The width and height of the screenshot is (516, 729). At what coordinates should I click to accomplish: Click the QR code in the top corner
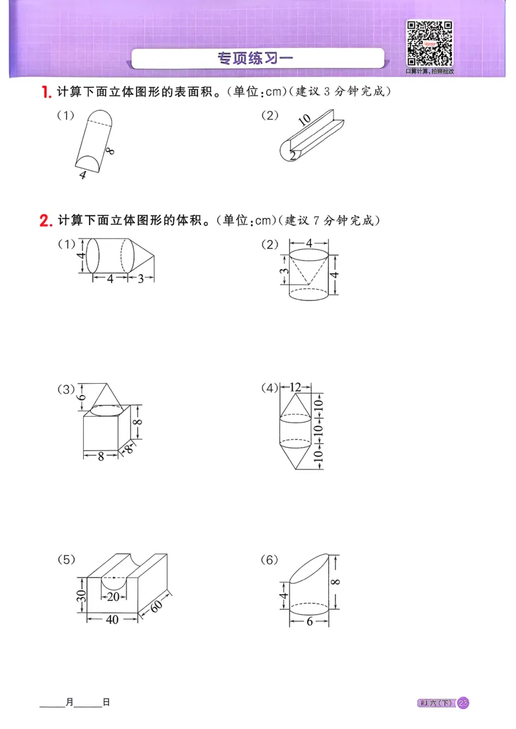pyautogui.click(x=428, y=44)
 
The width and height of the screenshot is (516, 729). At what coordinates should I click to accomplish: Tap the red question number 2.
pyautogui.click(x=45, y=221)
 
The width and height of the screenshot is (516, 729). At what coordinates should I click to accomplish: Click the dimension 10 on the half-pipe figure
pyautogui.click(x=305, y=119)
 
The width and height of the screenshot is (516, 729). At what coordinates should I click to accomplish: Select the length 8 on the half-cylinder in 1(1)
pyautogui.click(x=111, y=151)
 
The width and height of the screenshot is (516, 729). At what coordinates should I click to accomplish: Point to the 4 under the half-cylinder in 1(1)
pyautogui.click(x=82, y=175)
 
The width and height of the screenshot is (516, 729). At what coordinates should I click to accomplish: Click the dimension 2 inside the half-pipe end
pyautogui.click(x=292, y=155)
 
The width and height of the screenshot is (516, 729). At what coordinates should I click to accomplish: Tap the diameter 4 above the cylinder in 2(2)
pyautogui.click(x=309, y=243)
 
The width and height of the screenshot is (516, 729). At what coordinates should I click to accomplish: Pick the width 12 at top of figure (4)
pyautogui.click(x=296, y=388)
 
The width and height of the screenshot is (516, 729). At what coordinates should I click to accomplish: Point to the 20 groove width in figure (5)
pyautogui.click(x=113, y=597)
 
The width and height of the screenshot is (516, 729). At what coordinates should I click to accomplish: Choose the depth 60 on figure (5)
pyautogui.click(x=157, y=606)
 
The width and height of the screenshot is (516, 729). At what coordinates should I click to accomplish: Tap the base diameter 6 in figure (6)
pyautogui.click(x=309, y=621)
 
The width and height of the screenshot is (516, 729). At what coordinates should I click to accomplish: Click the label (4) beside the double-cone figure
pyautogui.click(x=269, y=388)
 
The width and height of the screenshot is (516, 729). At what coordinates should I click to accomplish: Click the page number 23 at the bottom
pyautogui.click(x=463, y=703)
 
